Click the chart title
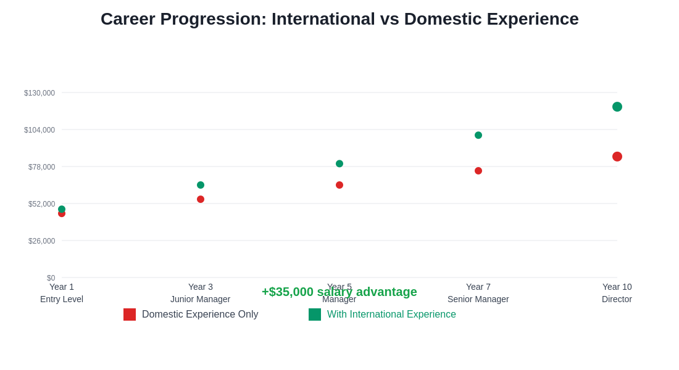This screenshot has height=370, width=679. coord(339,19)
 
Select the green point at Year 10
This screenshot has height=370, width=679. coord(617,107)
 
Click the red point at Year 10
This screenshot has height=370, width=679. coord(617,157)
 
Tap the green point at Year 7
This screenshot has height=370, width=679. coord(478,135)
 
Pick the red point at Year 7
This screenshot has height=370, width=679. coord(478,171)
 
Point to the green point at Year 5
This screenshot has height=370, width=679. coord(339,163)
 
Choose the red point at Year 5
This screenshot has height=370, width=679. coord(339,185)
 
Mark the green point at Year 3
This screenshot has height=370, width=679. coord(201,185)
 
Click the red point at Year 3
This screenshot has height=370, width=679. coord(201,199)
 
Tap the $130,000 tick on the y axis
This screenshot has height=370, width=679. coord(40,93)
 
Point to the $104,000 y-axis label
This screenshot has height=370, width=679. coord(40,130)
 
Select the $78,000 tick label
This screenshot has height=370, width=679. coord(41,167)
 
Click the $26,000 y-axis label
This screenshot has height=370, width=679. coord(41,241)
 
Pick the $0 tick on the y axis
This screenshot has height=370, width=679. coord(51,278)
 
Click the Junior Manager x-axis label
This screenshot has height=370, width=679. coord(201,299)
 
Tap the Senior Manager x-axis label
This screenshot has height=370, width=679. coord(478,299)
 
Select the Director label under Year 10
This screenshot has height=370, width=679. coord(617,299)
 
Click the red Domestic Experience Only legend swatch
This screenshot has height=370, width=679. coord(130,314)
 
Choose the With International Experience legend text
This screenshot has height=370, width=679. coord(391,314)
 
